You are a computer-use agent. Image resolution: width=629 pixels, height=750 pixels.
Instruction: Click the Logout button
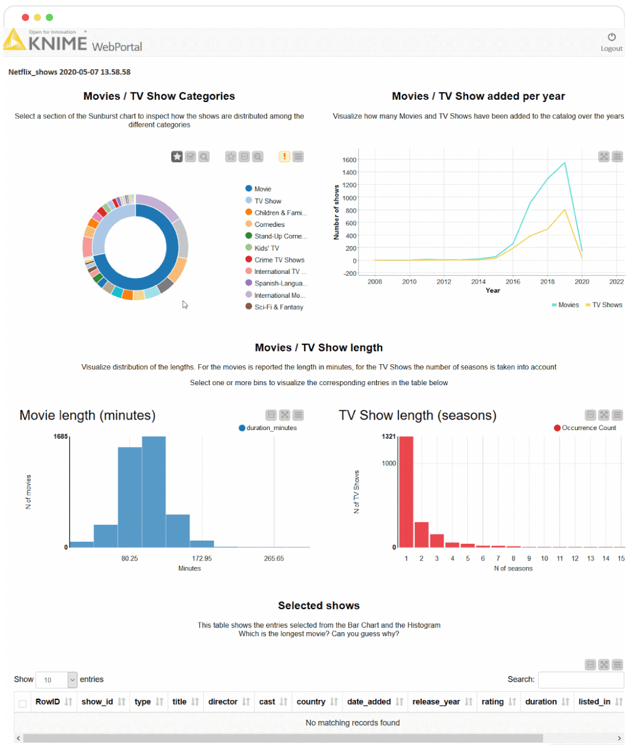tap(612, 41)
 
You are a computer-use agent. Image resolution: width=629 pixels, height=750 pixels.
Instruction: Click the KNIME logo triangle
tap(15, 41)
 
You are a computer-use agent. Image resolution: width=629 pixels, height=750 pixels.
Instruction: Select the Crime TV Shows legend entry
tap(279, 260)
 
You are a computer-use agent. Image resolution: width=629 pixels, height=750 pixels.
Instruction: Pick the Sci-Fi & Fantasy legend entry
tap(278, 307)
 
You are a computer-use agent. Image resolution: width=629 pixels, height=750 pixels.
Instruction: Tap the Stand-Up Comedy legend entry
tap(280, 236)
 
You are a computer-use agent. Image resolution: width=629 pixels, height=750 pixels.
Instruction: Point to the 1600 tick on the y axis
tap(349, 160)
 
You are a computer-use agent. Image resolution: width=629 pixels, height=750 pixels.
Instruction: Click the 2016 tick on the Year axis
tap(513, 281)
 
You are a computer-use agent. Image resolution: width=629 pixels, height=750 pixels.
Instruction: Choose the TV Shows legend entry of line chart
tap(606, 305)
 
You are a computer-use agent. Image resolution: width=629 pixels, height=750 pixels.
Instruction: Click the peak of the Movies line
tap(564, 163)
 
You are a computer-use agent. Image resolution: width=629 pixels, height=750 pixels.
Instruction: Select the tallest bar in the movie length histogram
tap(154, 492)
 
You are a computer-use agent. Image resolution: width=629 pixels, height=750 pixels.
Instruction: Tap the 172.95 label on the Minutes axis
tap(202, 558)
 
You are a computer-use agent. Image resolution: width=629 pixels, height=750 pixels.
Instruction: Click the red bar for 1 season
tap(406, 492)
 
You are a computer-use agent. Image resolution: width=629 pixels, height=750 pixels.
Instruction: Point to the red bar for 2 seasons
tap(421, 534)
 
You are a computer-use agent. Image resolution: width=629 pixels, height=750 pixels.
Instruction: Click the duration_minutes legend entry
tap(271, 428)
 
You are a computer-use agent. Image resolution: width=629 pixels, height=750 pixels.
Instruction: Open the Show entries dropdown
tap(56, 679)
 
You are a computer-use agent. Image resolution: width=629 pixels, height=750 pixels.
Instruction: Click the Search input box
tap(581, 679)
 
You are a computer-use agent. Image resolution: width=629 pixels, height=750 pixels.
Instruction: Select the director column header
tap(223, 702)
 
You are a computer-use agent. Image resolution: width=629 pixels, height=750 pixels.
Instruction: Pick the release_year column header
tap(436, 702)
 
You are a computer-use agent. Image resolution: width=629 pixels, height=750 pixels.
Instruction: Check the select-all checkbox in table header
tap(23, 703)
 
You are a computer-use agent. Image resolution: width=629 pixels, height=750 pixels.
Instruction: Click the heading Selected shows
tap(319, 605)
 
